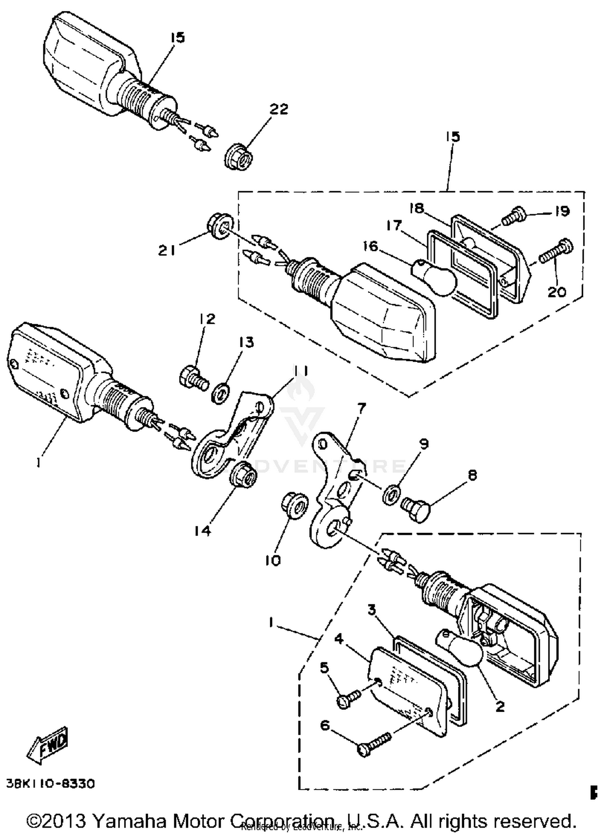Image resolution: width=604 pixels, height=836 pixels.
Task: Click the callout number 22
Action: (279, 109)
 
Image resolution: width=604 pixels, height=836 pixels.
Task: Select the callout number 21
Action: (167, 251)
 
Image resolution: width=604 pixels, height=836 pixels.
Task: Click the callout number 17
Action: (394, 225)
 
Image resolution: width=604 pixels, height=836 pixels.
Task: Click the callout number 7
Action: (361, 408)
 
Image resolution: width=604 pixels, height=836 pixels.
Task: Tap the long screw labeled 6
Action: (374, 744)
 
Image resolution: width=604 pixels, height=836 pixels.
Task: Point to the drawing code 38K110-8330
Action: (51, 784)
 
